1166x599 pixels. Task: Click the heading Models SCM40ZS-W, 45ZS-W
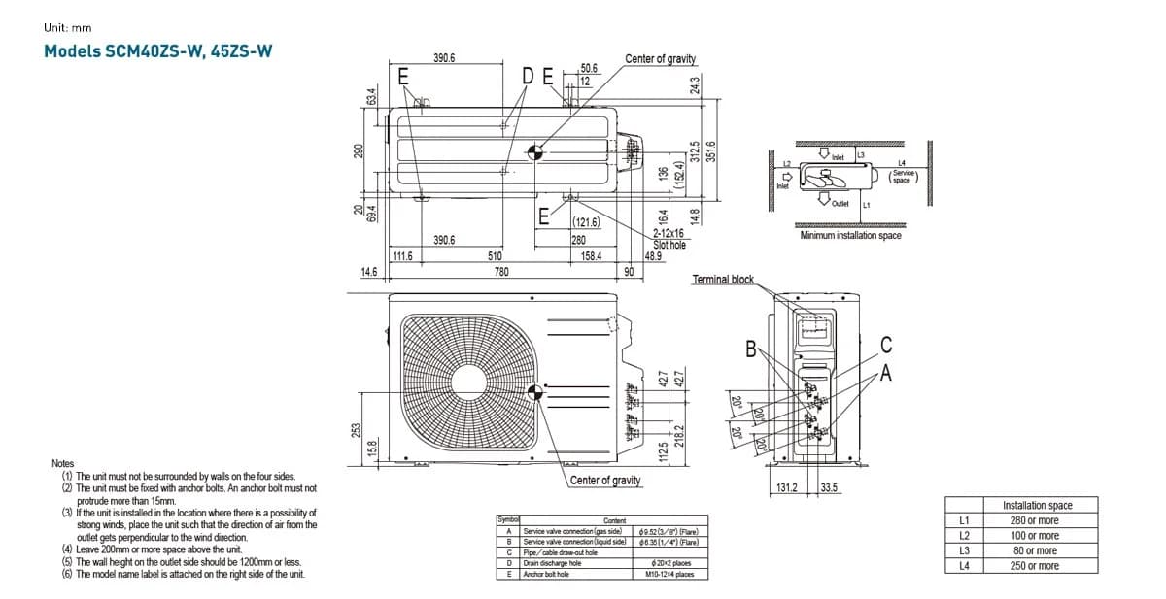[x=157, y=50]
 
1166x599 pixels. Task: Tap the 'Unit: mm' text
[x=67, y=27]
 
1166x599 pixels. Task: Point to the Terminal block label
[x=722, y=280]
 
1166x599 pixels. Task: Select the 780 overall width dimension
[x=500, y=272]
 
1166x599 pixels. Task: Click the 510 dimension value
[x=495, y=256]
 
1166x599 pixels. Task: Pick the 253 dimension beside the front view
[x=357, y=428]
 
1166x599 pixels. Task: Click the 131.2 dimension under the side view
[x=785, y=487]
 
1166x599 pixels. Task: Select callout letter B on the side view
[x=750, y=349]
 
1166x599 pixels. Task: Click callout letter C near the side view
[x=885, y=345]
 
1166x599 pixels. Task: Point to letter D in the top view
[x=528, y=77]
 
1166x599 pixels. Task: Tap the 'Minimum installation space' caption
[x=850, y=236]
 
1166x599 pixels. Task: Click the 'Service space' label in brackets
[x=902, y=177]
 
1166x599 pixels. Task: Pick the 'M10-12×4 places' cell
[x=669, y=574]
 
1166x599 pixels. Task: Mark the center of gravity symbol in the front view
[x=533, y=393]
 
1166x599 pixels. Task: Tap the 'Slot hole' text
[x=669, y=246]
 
